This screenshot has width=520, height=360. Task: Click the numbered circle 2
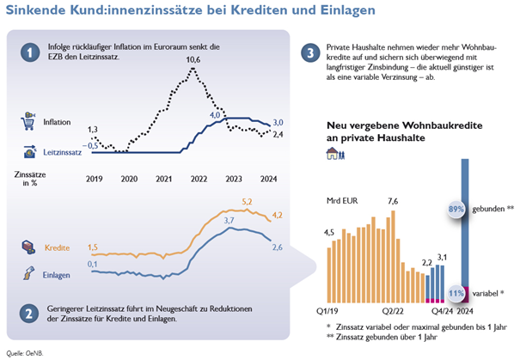[x=29, y=313]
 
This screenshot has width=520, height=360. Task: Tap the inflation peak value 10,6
[x=193, y=59]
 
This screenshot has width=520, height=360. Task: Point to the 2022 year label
[x=199, y=179]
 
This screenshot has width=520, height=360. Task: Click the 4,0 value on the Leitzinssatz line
[x=216, y=114]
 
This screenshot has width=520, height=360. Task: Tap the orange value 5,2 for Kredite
[x=248, y=201]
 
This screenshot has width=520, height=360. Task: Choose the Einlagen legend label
[x=58, y=274]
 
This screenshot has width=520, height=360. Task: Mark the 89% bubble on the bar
[x=456, y=209]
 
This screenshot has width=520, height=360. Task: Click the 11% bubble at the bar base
[x=456, y=293]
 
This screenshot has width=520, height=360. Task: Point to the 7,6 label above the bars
[x=393, y=201]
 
